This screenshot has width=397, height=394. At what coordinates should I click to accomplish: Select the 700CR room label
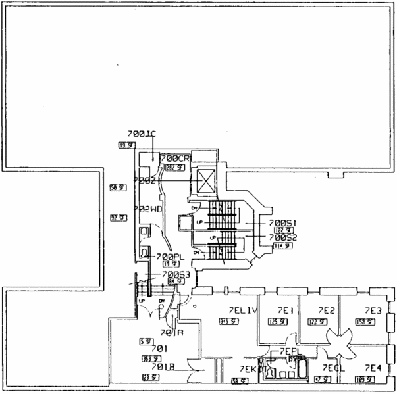pyautogui.click(x=175, y=159)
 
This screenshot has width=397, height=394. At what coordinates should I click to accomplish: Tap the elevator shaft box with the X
pyautogui.click(x=205, y=179)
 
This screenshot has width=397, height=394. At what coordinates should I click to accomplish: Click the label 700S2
pyautogui.click(x=284, y=237)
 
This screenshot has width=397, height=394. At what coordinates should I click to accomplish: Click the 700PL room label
pyautogui.click(x=170, y=256)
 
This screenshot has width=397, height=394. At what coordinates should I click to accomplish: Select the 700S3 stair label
pyautogui.click(x=175, y=274)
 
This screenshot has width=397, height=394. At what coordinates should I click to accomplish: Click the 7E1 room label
pyautogui.click(x=284, y=310)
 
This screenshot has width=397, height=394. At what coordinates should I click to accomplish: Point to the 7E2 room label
pyautogui.click(x=327, y=310)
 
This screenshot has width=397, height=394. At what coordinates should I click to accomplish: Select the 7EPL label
pyautogui.click(x=290, y=352)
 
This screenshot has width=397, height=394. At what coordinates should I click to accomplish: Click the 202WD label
pyautogui.click(x=147, y=209)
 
